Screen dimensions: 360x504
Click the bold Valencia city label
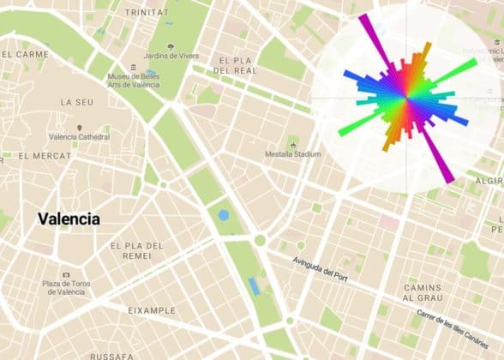point(69,219)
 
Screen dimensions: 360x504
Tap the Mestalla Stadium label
point(293,154)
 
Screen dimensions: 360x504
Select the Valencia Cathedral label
point(80,137)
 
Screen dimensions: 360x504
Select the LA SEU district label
point(76,101)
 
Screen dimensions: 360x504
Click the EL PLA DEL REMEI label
point(136,251)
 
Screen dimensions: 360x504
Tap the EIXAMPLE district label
point(151,310)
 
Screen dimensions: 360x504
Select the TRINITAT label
point(147,13)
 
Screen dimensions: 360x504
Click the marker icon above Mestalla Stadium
point(293,142)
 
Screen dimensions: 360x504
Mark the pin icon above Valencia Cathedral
point(80,127)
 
